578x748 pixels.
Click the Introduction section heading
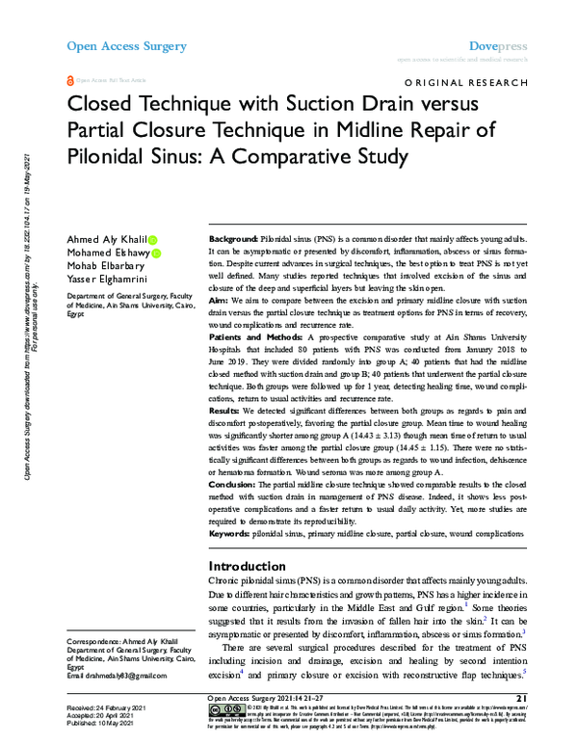click(249, 567)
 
